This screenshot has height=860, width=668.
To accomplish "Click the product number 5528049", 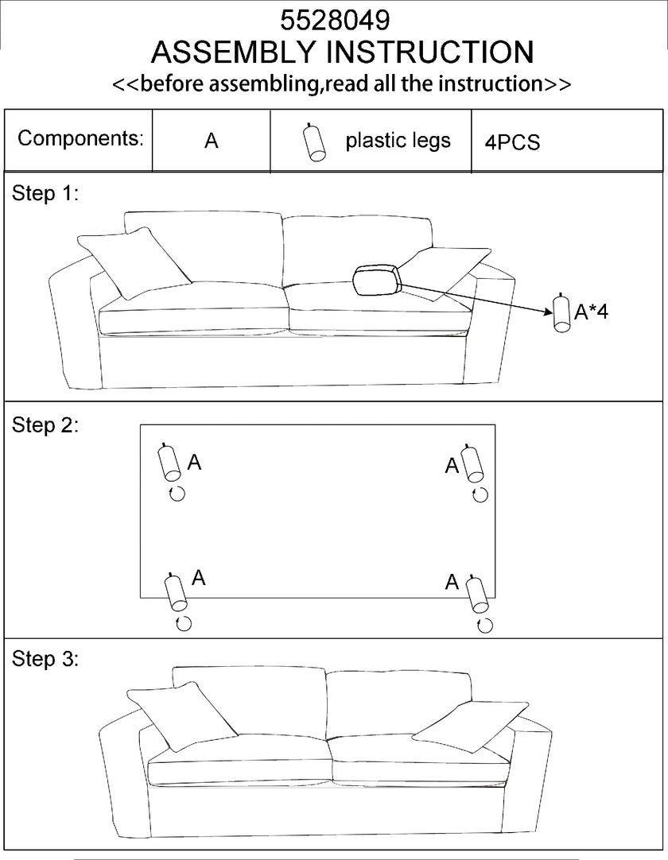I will tap(335, 19).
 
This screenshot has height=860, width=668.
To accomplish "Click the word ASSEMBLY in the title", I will tap(235, 52).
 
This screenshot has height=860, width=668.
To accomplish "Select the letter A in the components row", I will tap(211, 141).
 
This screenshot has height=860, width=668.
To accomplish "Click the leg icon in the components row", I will tap(315, 143).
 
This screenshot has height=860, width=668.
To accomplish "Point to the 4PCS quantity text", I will tap(512, 142).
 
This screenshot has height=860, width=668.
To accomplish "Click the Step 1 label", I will tap(45, 193).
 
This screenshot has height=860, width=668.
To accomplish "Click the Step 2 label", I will tap(45, 424).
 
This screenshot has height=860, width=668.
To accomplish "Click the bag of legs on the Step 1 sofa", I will tap(376, 281).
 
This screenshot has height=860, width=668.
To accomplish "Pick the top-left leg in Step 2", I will tap(169, 461).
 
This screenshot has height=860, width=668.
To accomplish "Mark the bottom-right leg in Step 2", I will tap(476, 593).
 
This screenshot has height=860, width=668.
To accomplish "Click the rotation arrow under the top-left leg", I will tap(177, 494).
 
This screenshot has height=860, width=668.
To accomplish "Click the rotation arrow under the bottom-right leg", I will tap(484, 625).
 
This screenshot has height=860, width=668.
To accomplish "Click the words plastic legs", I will tap(398, 141).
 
